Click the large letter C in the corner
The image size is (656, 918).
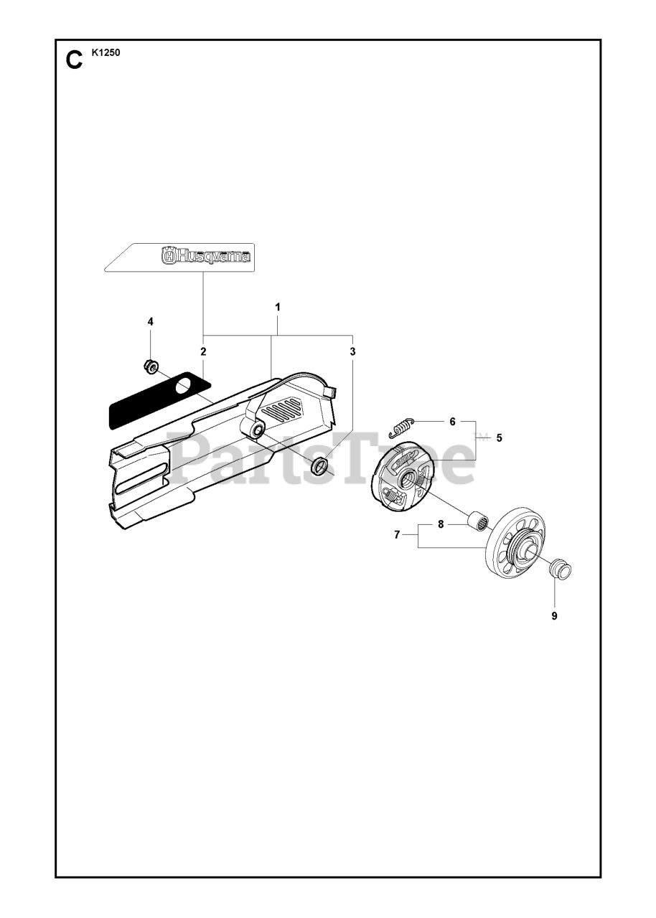click(73, 60)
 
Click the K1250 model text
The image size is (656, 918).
click(106, 52)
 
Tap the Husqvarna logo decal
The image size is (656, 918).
click(207, 255)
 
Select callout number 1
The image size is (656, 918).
click(278, 306)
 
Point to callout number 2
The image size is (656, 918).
click(203, 351)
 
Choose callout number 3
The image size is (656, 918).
click(352, 351)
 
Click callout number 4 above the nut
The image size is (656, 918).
click(150, 321)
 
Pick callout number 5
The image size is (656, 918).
click(498, 437)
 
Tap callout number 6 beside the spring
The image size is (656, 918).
click(452, 422)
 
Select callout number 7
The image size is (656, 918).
click(396, 534)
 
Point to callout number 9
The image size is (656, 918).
click(554, 615)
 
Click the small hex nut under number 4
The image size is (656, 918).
click(151, 366)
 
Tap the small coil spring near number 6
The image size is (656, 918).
click(400, 426)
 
